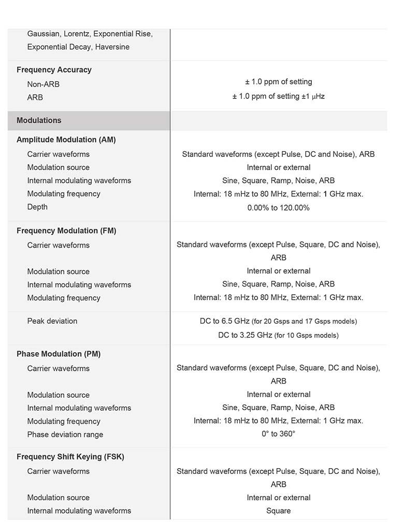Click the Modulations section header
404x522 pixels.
point(39,120)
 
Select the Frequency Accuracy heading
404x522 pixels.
point(54,70)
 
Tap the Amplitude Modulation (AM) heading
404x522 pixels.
point(66,140)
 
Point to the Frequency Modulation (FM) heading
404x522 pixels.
point(66,231)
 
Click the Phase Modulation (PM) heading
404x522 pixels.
point(59,354)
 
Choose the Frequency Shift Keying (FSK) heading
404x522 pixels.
point(70,457)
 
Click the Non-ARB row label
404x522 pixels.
point(44,84)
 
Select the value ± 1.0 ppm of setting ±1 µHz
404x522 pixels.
point(279,96)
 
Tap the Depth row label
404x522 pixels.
point(37,207)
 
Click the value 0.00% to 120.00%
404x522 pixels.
point(279,208)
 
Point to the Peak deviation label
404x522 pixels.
point(52,321)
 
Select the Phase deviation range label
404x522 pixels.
point(65,434)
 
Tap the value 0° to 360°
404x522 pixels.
point(279,434)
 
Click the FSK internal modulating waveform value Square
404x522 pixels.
point(279,511)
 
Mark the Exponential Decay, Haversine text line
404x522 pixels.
point(78,47)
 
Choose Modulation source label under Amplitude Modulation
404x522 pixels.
point(59,167)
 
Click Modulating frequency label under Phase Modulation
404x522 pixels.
point(64,422)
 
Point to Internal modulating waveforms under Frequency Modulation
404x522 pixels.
point(79,285)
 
